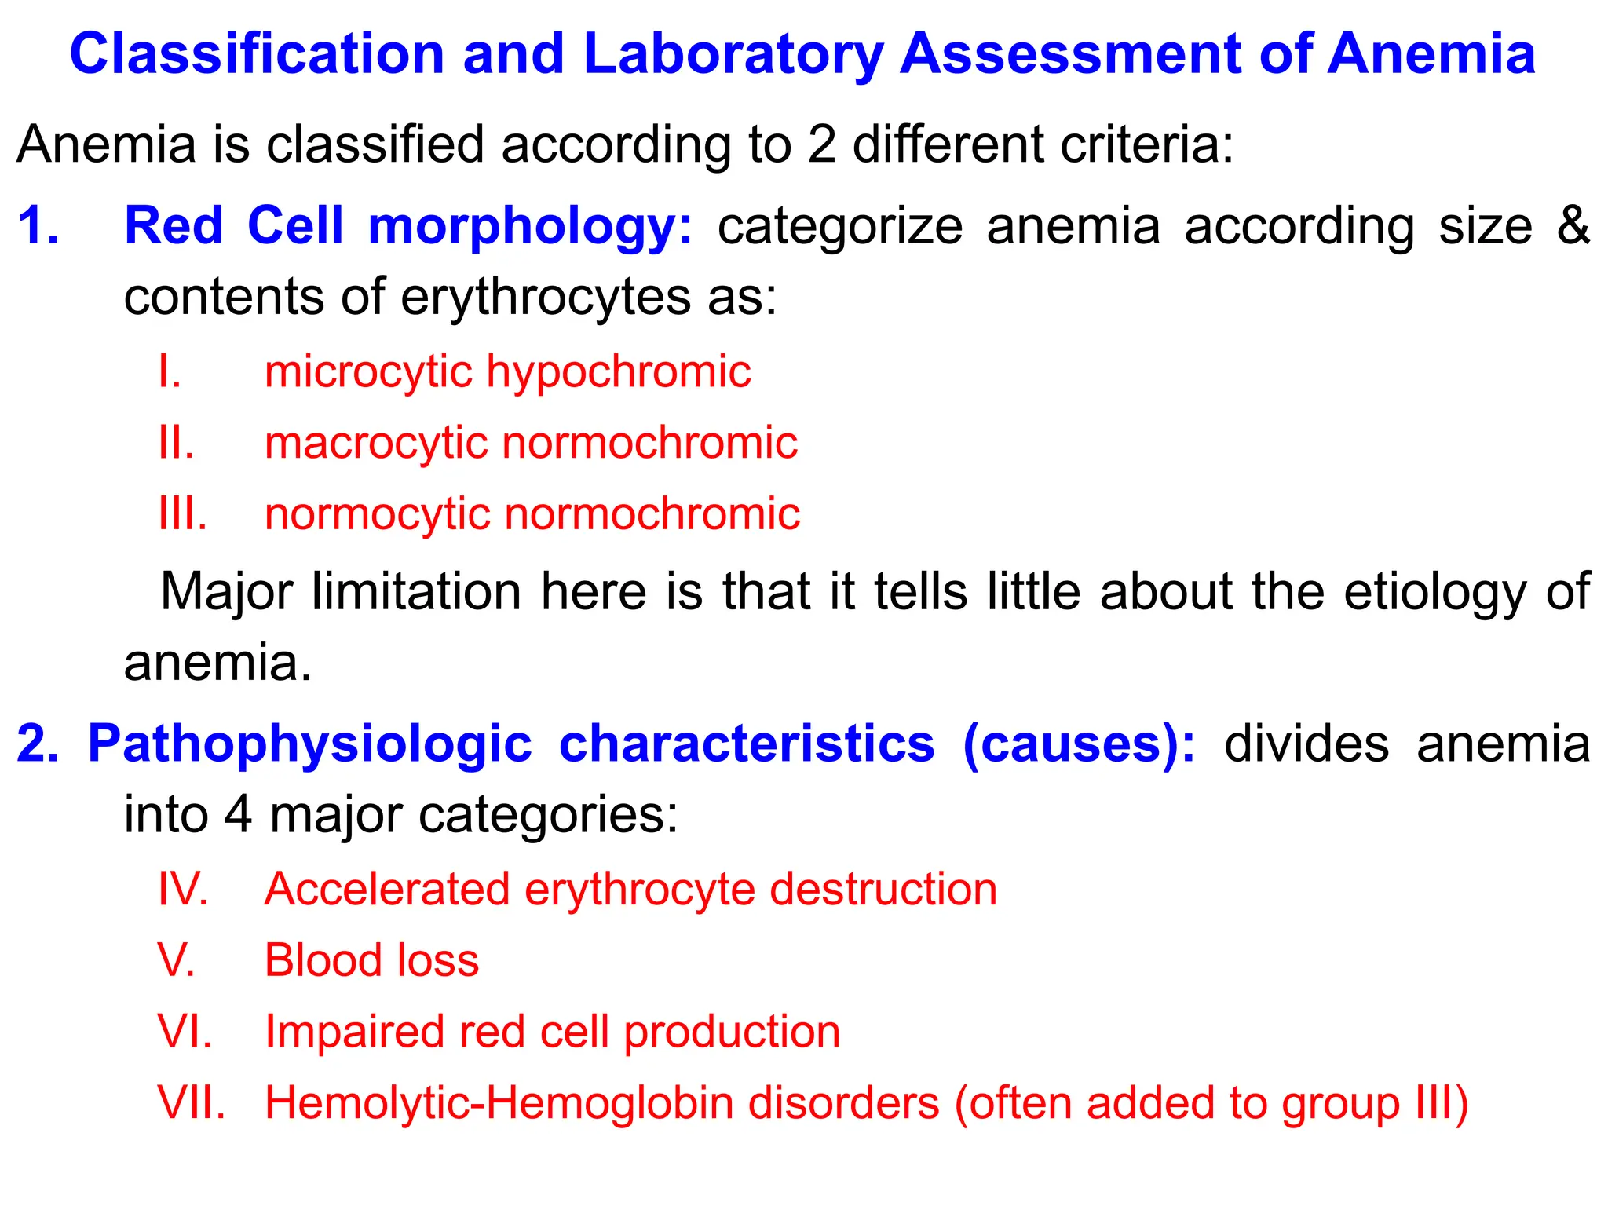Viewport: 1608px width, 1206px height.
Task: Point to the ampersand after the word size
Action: pos(1573,226)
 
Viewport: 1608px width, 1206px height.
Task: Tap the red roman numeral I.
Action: pos(170,371)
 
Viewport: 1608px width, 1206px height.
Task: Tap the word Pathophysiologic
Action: pos(309,743)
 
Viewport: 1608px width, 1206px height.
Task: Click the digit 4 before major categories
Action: pos(238,815)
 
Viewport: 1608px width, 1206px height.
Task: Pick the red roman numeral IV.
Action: pos(183,890)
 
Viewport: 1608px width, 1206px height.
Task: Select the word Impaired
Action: pos(354,1032)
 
